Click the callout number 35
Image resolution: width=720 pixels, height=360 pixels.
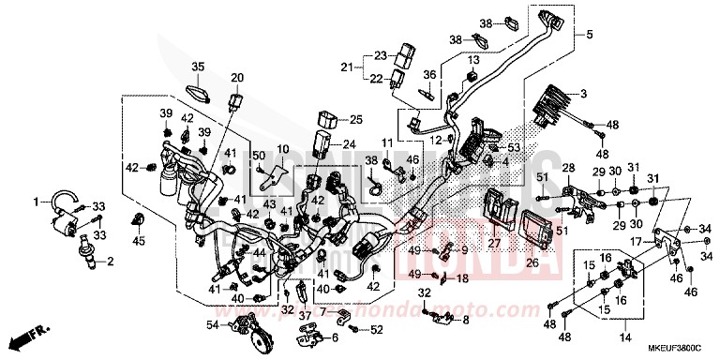199,67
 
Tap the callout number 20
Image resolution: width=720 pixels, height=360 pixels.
236,77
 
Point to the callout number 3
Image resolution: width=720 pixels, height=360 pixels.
583,94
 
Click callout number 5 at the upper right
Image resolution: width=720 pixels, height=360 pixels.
590,36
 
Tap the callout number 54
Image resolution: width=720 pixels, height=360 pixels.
211,324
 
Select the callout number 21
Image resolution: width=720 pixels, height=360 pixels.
347,67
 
